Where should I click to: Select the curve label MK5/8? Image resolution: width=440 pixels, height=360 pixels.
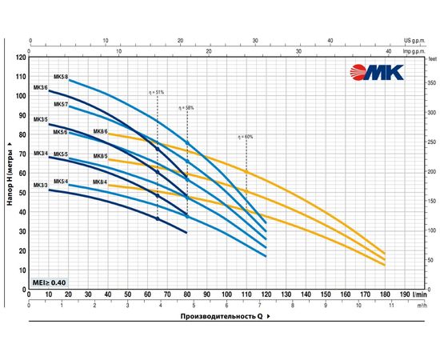pos(61,76)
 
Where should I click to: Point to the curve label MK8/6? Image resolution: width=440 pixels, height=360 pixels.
pos(100,131)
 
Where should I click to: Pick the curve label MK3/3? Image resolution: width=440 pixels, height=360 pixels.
pos(41,185)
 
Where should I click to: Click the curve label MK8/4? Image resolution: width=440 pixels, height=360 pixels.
pos(100,182)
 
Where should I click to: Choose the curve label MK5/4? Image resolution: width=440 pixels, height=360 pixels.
pos(61,182)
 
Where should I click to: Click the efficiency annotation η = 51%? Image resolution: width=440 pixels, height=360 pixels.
pos(156,92)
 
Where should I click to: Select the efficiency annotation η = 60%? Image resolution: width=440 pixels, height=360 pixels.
pos(245,137)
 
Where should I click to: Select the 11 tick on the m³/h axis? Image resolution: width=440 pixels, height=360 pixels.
pos(391,306)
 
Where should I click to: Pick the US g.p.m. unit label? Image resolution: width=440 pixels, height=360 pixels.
pos(419,38)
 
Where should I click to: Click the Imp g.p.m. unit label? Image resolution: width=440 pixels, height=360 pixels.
pos(418,52)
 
